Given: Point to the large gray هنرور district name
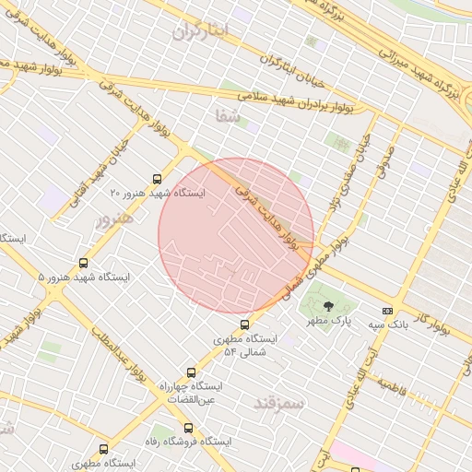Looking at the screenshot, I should tap(115, 219).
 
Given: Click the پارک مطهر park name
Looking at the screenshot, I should tap(332, 321).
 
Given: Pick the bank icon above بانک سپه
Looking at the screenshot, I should tap(387, 311).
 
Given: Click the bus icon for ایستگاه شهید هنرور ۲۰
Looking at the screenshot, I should tap(156, 179).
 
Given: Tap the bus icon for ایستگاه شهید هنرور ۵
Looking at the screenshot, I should tap(84, 263).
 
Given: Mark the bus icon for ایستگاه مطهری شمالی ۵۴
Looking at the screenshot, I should tap(244, 324).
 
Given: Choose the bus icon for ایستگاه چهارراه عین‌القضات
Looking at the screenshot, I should tap(191, 372).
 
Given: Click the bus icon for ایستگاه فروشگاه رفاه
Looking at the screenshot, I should tap(188, 428).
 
